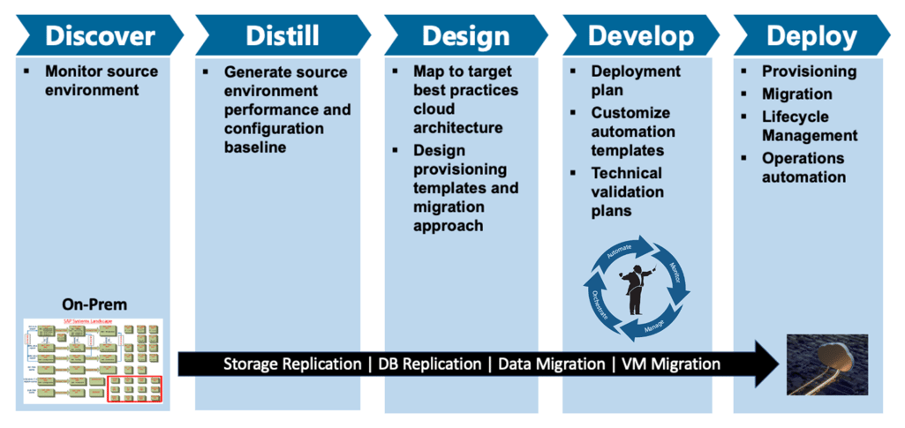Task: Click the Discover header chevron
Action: tap(99, 35)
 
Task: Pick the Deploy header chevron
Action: tap(811, 35)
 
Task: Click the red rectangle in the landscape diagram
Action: tap(133, 388)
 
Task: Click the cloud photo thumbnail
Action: tap(826, 364)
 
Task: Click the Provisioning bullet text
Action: tap(809, 71)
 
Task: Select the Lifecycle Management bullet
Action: tap(809, 125)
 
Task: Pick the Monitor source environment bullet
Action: tap(102, 80)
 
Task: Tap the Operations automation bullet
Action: tap(803, 168)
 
